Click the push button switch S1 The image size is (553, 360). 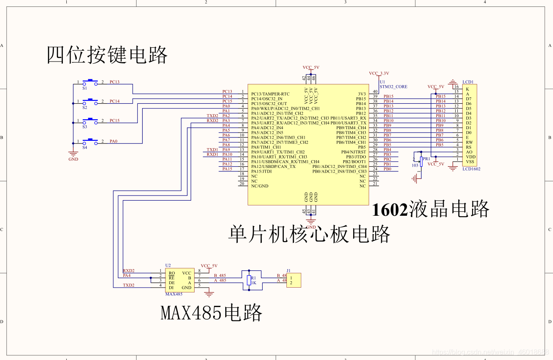point(90,82)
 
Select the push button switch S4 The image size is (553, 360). point(90,141)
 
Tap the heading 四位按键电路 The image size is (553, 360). point(107,55)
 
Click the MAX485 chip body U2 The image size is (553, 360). point(180,280)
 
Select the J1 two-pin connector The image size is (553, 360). point(294,280)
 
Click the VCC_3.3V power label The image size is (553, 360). point(379,73)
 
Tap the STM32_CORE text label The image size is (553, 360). point(393,87)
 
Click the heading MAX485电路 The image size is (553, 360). point(211,312)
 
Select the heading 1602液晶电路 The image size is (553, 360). point(431,209)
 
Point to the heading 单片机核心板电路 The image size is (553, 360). point(309,234)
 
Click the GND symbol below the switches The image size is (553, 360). point(73,154)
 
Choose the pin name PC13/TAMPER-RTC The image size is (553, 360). point(270,94)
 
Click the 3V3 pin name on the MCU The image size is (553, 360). point(362,94)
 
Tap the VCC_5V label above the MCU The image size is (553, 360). point(311,68)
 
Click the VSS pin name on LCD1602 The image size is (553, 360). point(470,161)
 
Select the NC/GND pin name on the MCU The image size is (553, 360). point(260,186)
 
